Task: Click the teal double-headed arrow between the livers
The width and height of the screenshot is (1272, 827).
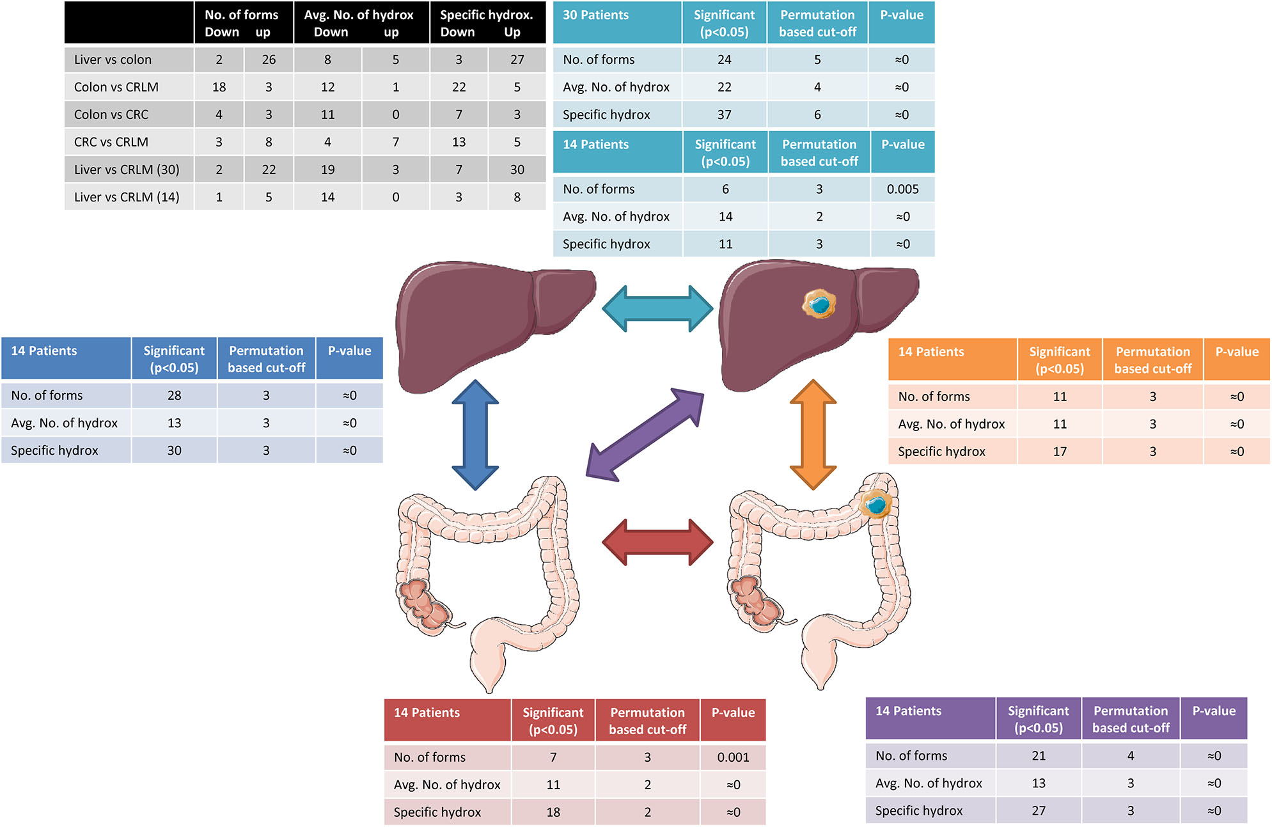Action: point(657,308)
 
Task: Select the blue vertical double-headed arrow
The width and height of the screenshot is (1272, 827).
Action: point(475,435)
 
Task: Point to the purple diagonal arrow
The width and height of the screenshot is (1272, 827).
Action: point(645,435)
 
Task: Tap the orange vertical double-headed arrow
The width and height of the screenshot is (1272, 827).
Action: point(813,435)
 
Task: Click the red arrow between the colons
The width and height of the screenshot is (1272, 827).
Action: point(657,542)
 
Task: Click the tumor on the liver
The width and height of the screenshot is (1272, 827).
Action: point(819,304)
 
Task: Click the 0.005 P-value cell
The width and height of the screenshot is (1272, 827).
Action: point(902,189)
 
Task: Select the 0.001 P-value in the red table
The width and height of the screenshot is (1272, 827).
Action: point(733,757)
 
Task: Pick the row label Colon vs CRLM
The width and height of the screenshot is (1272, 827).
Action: point(116,87)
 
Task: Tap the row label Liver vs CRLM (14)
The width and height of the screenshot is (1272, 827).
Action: point(127,197)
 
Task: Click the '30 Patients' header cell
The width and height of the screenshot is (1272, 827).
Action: point(595,15)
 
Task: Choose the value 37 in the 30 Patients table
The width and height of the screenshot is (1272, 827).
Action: point(724,115)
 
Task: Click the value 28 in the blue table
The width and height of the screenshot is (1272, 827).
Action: point(174,396)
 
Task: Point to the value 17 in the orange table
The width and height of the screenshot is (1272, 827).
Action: point(1060,452)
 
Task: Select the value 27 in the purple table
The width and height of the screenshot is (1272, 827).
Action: point(1039,811)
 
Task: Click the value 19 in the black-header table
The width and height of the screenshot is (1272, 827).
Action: point(327,169)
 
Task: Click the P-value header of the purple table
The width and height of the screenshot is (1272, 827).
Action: point(1214,711)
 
